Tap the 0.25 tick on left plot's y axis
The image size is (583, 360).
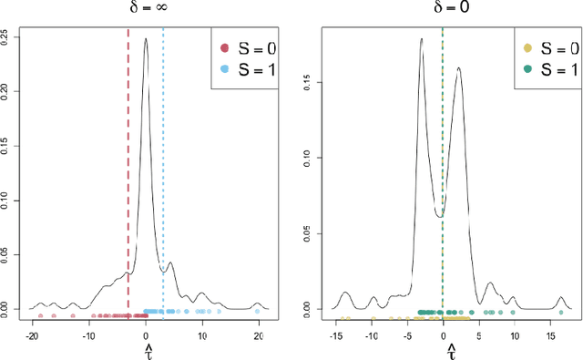[x=8, y=36]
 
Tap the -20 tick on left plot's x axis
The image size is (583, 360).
[x=33, y=334]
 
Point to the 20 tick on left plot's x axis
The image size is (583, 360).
[x=258, y=334]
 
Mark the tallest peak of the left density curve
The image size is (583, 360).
[x=146, y=38]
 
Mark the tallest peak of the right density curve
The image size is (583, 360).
[x=422, y=39]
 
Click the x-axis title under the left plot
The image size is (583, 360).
[x=146, y=351]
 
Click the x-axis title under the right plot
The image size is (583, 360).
[x=443, y=351]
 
